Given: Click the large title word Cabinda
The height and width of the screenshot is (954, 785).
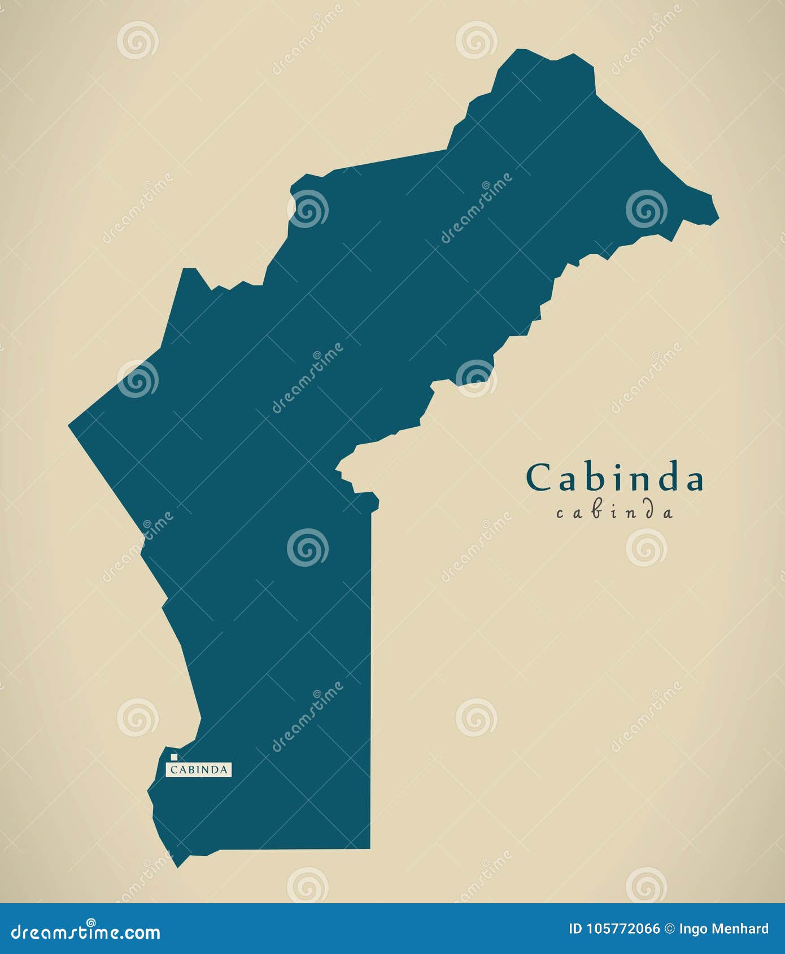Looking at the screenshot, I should click(x=614, y=478).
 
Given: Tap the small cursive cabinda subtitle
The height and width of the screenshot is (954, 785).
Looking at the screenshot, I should click(x=614, y=513).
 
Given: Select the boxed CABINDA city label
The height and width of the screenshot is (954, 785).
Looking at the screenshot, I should click(x=199, y=769).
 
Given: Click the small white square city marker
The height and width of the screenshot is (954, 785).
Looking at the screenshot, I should click(x=174, y=757).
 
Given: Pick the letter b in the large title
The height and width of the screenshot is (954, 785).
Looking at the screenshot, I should click(x=599, y=477).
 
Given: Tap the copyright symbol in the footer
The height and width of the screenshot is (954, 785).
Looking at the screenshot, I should click(x=670, y=929).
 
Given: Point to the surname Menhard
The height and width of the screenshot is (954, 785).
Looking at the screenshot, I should click(x=742, y=929).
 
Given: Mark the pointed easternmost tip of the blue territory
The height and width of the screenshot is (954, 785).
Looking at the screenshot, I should click(x=718, y=217).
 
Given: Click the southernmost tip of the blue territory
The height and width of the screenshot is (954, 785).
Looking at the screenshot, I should click(x=178, y=866).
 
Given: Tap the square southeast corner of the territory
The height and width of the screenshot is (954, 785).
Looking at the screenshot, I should click(x=370, y=848).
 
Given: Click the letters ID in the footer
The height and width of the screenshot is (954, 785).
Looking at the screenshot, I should click(x=575, y=929).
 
